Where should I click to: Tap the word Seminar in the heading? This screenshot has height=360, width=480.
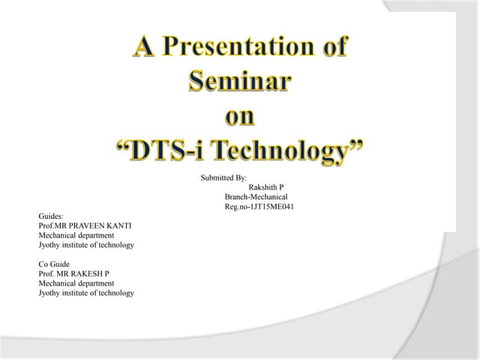pos(239,82)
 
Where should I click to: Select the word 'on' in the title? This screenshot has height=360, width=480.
pos(240,116)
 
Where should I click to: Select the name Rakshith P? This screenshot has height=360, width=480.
pos(266,187)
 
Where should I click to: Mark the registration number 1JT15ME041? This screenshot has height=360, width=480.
pos(266,207)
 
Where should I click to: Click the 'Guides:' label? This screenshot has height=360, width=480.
pos(51,216)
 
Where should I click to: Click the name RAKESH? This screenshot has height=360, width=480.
pos(89,274)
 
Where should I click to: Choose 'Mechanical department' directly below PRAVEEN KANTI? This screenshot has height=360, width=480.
pos(76,235)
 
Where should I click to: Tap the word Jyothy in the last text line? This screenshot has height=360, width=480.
pos(49,293)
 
